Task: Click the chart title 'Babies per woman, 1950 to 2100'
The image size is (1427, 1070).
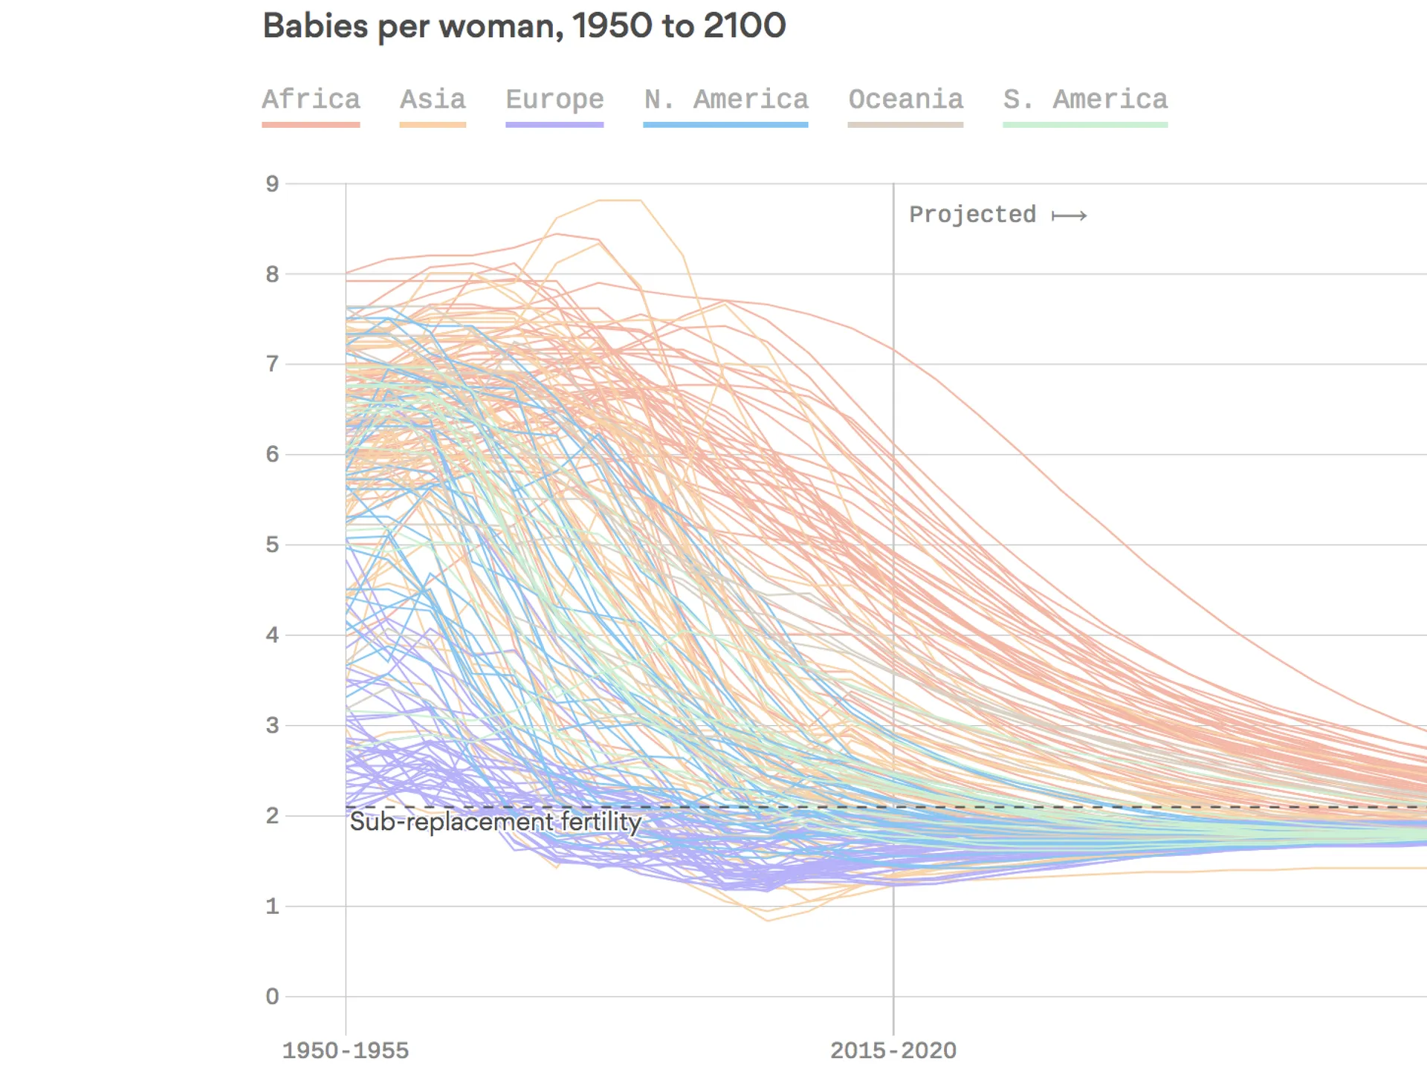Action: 524,27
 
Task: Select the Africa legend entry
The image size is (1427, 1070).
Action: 311,100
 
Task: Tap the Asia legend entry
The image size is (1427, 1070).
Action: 433,100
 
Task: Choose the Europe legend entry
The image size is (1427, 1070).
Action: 554,100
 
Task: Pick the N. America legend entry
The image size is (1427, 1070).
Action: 725,100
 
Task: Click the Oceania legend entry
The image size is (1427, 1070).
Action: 905,100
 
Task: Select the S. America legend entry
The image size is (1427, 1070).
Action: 1085,100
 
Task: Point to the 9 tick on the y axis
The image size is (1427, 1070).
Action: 273,184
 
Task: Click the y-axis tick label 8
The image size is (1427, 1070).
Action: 273,274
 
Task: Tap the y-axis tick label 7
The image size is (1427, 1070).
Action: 273,364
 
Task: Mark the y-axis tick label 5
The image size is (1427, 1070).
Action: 273,545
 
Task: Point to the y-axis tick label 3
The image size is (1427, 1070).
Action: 273,725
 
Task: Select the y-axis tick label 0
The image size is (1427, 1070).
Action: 273,996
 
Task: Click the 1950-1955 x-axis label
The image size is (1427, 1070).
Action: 346,1051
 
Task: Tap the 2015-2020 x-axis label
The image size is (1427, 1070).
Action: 893,1051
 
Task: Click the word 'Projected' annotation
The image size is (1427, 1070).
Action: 972,215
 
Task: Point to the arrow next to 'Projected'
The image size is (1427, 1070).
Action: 1070,216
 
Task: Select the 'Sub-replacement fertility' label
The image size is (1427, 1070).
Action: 496,823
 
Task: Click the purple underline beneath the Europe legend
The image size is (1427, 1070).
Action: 554,125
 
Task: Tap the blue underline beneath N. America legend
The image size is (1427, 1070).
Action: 725,125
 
